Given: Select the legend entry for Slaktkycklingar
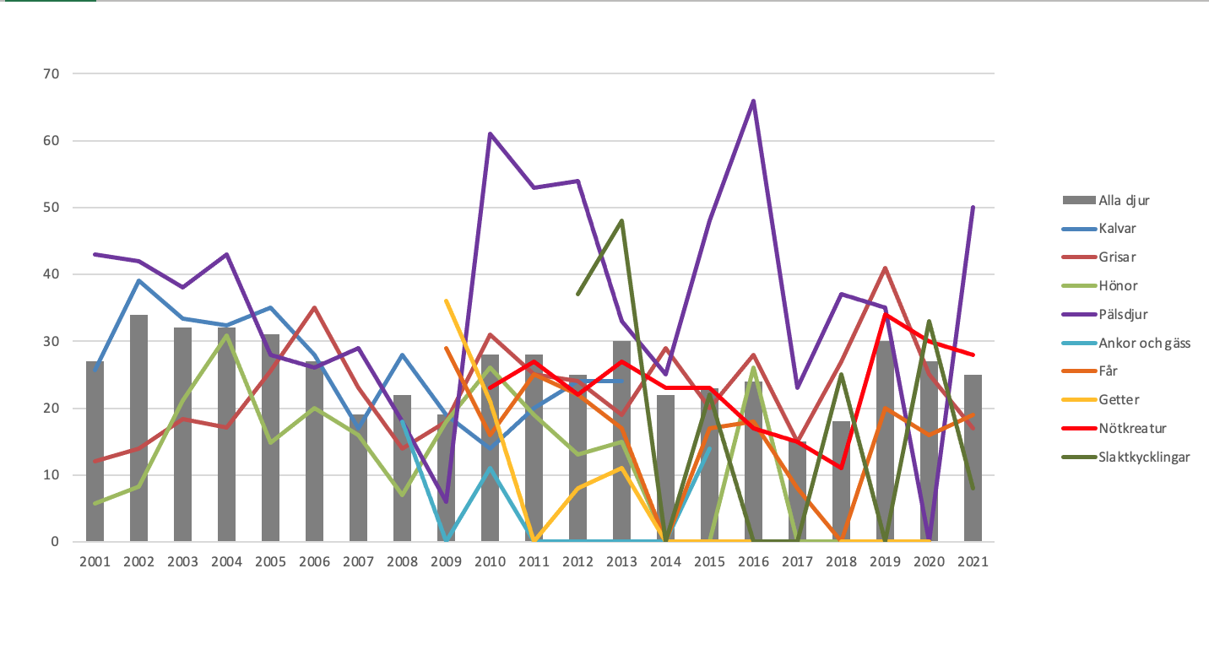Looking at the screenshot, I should pos(1144,457).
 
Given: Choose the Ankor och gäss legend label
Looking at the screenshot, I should pos(1144,342).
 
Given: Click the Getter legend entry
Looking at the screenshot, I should pos(1120,399).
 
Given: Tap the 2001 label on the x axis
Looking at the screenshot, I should pos(95,561).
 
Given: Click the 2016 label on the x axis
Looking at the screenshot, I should pos(753,561).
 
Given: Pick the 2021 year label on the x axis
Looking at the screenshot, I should pos(973,561).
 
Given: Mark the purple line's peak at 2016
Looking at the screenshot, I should pos(753,101).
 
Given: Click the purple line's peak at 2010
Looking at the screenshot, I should pos(490,134).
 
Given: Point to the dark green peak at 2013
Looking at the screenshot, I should pos(621,221).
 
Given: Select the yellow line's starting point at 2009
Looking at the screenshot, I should pos(446,300).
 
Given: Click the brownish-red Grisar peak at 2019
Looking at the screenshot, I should pos(885,268).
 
